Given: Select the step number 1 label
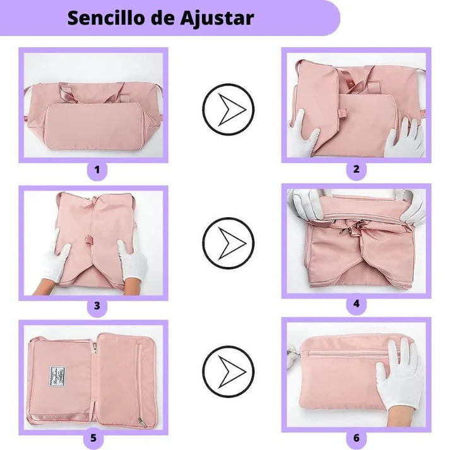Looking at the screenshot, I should pos(97,169).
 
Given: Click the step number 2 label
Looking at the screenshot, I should pos(356,169).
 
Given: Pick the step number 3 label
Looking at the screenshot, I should pos(97,306).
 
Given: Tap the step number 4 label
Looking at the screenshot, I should pos(356,304).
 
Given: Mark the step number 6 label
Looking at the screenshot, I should pos(356,437).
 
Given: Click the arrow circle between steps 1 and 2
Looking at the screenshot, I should pos(228,109).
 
